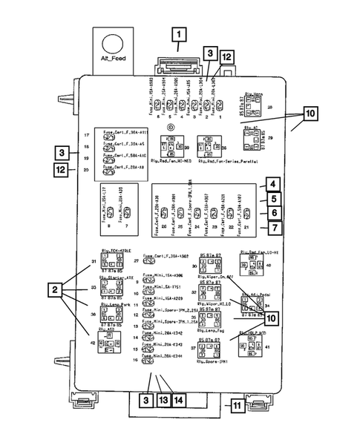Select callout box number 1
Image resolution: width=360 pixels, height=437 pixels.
pos(179,34)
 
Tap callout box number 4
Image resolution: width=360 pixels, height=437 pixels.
pos(273,184)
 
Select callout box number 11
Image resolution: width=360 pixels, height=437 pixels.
pos(237,406)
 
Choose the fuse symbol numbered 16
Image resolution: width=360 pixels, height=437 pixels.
pos(147,360)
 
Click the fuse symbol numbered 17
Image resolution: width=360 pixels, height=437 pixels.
pos(108,135)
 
